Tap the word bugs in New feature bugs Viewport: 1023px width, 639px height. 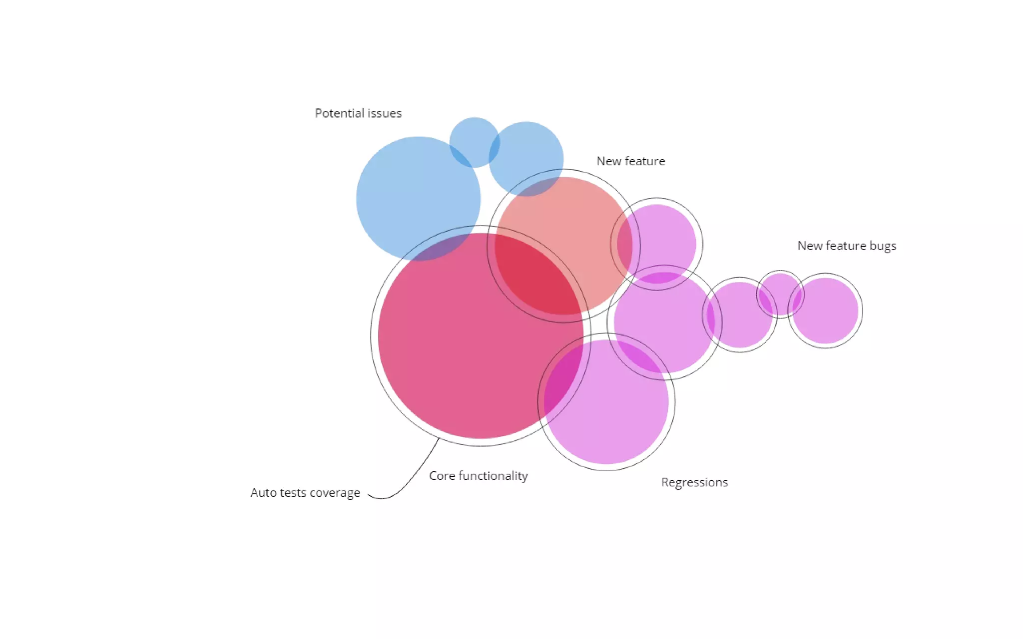pyautogui.click(x=883, y=246)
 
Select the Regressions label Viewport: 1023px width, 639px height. pyautogui.click(x=694, y=482)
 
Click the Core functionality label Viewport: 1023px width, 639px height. pyautogui.click(x=478, y=476)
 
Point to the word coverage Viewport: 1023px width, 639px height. pyautogui.click(x=335, y=493)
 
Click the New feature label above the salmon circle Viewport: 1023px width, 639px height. pyautogui.click(x=630, y=161)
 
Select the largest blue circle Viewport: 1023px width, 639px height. pyautogui.click(x=410, y=190)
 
